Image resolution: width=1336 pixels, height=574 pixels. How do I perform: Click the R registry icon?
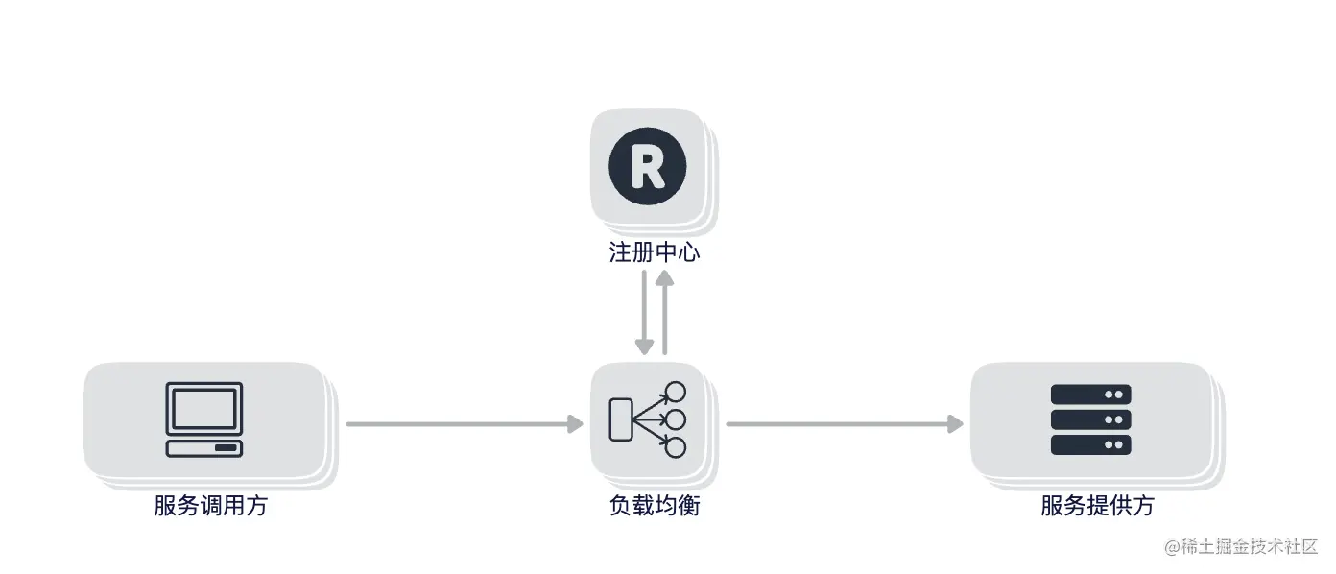coord(647,165)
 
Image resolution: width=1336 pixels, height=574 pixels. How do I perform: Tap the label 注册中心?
coord(655,253)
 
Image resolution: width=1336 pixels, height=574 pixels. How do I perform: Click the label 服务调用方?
coord(210,506)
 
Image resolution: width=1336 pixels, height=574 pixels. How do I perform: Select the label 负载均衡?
coord(655,506)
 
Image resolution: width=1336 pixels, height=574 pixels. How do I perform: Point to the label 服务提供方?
coord(1097,506)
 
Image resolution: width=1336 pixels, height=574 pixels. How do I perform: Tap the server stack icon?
coord(1090,419)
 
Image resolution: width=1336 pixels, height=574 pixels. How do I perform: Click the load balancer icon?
coord(648,419)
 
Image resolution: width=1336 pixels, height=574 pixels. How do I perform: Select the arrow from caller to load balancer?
coord(465,423)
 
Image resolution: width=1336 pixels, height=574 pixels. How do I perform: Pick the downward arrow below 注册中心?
coord(643,312)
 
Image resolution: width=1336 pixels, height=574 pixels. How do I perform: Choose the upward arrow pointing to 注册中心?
coord(664,312)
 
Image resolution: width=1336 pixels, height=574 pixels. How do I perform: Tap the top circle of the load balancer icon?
coord(675,392)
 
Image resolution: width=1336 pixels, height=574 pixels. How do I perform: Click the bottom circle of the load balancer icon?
coord(675,447)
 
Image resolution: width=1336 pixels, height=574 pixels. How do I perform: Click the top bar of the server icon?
coord(1090,395)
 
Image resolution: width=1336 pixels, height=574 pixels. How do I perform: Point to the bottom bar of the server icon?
coord(1090,444)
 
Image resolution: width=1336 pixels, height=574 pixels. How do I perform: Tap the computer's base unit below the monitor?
coord(203,448)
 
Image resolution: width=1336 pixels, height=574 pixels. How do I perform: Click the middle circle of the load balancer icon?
coord(675,419)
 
